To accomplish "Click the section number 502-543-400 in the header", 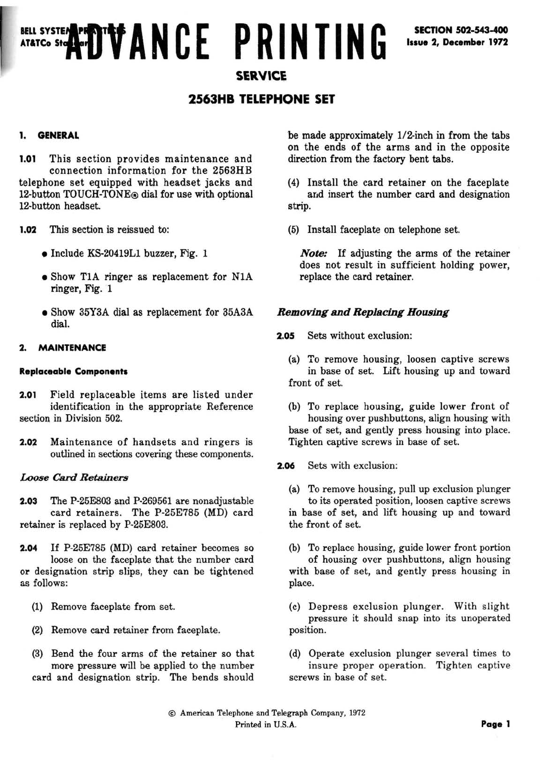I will pyautogui.click(x=480, y=30).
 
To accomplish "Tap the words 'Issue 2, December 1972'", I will pyautogui.click(x=457, y=42).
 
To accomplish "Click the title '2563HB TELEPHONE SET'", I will pyautogui.click(x=261, y=99).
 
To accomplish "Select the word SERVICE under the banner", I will pyautogui.click(x=261, y=76).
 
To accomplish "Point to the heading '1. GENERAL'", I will pyautogui.click(x=49, y=135).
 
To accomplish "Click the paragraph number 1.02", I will pyautogui.click(x=27, y=229).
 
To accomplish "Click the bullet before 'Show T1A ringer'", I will pyautogui.click(x=44, y=277).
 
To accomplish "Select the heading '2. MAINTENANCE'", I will pyautogui.click(x=62, y=348).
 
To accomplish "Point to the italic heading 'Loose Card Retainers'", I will pyautogui.click(x=74, y=477).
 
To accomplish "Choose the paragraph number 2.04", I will pyautogui.click(x=28, y=548).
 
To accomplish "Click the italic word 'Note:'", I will pyautogui.click(x=314, y=253).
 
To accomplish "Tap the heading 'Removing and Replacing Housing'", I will pyautogui.click(x=363, y=312).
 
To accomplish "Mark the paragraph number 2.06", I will pyautogui.click(x=286, y=466).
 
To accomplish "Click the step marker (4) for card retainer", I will pyautogui.click(x=294, y=183).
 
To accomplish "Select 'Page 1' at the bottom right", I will pyautogui.click(x=495, y=724).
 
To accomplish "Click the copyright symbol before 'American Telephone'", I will pyautogui.click(x=172, y=713).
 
